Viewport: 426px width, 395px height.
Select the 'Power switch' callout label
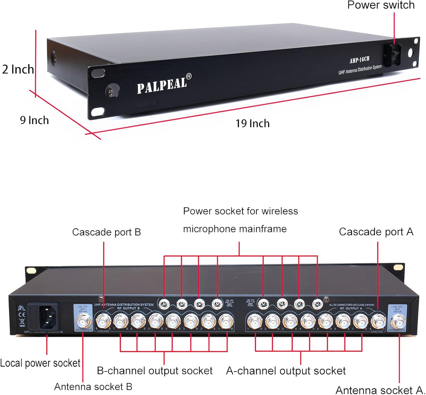click(381, 5)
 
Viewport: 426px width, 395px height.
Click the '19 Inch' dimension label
click(252, 124)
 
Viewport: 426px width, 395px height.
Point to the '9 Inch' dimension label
click(34, 120)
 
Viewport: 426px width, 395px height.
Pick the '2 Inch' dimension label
click(18, 69)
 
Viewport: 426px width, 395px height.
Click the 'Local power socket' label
click(40, 363)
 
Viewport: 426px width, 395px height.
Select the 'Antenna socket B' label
click(93, 387)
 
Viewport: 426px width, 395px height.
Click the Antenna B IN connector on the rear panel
click(83, 322)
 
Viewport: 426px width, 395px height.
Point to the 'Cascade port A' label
click(376, 232)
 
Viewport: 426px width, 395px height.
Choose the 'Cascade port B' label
click(106, 232)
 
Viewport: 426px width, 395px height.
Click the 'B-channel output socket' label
click(154, 371)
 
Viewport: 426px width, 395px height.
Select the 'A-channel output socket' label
click(286, 371)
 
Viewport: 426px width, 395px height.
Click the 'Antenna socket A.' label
click(380, 390)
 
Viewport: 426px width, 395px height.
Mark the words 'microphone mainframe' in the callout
click(235, 229)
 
